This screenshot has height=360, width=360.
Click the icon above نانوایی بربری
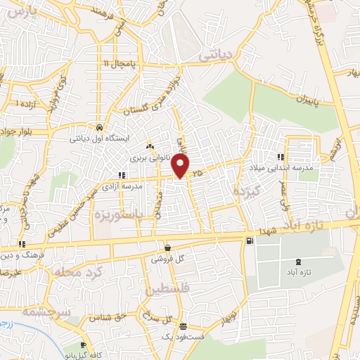point(149,146)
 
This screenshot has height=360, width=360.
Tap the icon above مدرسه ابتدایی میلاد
point(281,157)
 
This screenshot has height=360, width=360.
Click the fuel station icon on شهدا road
point(250,242)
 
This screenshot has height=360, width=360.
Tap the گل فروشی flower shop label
point(169,259)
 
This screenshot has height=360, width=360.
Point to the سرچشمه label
point(43,311)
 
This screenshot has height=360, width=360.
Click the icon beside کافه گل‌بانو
point(84,345)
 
